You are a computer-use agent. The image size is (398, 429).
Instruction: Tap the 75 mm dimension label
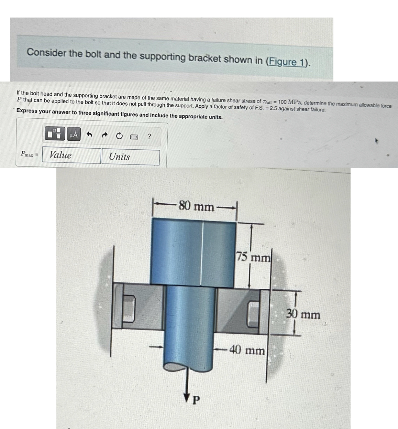[x=254, y=257]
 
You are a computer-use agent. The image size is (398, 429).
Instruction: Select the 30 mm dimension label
[x=303, y=314]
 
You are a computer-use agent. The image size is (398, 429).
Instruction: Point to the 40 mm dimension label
[x=247, y=351]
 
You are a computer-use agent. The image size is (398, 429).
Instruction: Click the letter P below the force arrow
[x=196, y=400]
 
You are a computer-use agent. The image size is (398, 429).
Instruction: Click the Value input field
[x=71, y=155]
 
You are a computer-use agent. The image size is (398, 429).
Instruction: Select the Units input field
[x=130, y=157]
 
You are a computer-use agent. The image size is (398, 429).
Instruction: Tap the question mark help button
[x=149, y=137]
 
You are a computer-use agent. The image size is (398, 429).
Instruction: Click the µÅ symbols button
[x=73, y=134]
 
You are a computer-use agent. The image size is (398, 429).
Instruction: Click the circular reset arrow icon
[x=119, y=136]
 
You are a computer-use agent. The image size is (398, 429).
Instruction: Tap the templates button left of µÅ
[x=55, y=134]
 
